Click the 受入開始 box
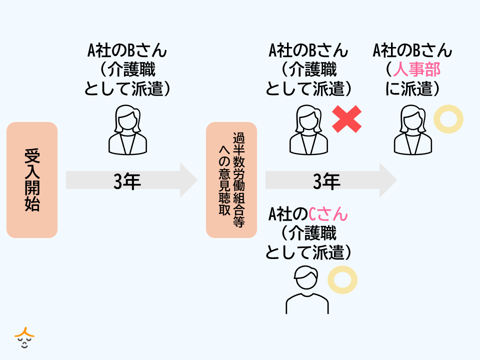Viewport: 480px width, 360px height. pos(32,180)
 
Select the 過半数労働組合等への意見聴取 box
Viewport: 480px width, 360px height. pos(231,180)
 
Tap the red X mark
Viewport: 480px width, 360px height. pos(347,119)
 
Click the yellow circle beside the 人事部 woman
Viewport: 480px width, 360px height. pos(448,119)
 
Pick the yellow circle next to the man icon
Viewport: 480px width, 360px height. pos(342,279)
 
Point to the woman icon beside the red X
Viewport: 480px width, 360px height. pos(309,129)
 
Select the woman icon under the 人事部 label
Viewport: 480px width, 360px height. pos(413,129)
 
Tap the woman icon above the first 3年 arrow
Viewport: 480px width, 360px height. pos(128,129)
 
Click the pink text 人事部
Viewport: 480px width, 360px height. pos(416,69)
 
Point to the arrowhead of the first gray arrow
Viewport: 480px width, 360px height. pos(189,180)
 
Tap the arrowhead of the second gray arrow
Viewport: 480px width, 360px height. pos(388,180)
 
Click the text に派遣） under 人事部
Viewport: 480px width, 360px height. pos(413,88)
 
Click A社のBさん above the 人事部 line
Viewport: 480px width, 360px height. pos(413,50)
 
